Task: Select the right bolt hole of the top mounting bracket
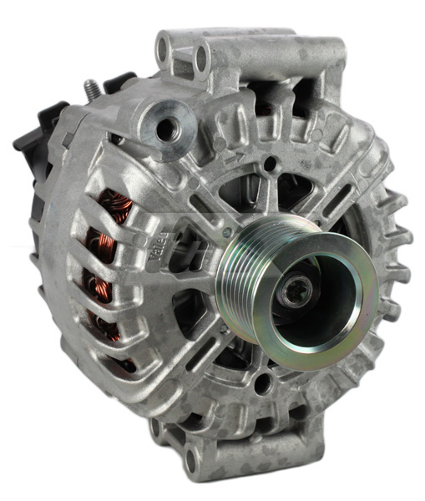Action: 200,58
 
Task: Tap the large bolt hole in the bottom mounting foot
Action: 195,455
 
